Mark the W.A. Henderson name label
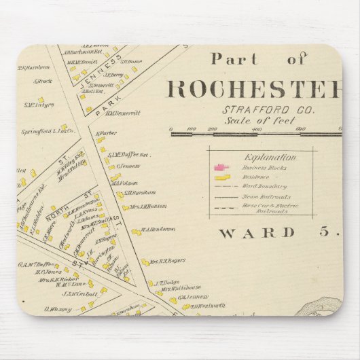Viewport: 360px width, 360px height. coord(158,230)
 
